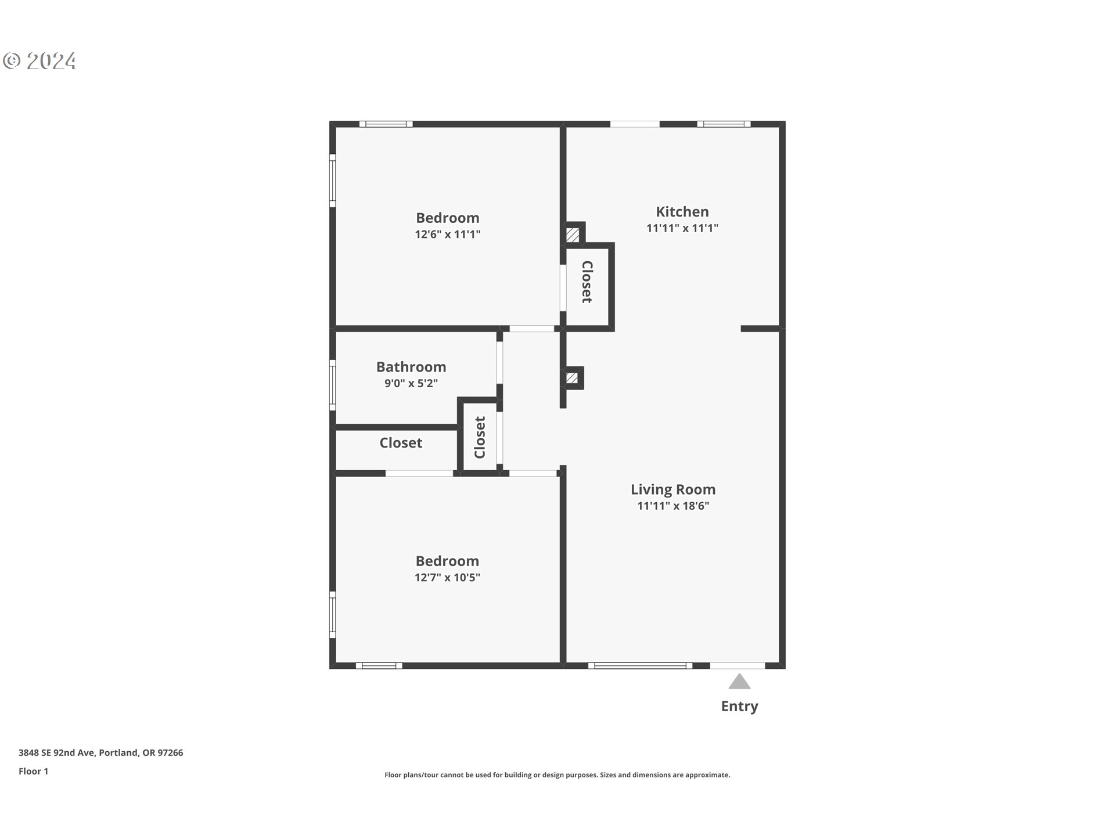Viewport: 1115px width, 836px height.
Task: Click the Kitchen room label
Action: tap(682, 212)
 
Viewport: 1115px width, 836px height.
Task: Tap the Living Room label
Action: tap(673, 489)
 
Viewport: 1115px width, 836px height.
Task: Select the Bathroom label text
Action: tap(411, 367)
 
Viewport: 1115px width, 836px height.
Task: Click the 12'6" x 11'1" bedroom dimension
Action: tap(447, 235)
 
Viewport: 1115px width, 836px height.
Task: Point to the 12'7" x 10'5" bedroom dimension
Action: tap(447, 578)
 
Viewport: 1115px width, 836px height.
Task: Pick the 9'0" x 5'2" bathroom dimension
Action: tap(411, 383)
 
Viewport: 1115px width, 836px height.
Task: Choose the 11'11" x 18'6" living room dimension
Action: tap(673, 506)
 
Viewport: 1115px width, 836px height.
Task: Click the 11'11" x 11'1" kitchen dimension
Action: tap(682, 228)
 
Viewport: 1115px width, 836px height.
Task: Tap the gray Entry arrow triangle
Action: tap(739, 682)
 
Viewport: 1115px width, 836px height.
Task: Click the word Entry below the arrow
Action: tap(739, 707)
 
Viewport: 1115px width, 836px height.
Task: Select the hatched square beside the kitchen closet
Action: tap(573, 235)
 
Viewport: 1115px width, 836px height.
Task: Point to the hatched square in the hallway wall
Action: tap(572, 379)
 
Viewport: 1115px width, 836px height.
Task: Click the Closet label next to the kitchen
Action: tap(587, 282)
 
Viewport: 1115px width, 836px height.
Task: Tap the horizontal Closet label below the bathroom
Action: tap(401, 443)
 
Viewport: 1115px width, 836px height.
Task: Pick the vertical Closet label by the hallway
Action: tap(480, 437)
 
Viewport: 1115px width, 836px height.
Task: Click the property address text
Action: tap(100, 753)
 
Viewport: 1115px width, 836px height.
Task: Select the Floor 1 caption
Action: tap(33, 772)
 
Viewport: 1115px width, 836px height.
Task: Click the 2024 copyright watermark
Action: tap(40, 61)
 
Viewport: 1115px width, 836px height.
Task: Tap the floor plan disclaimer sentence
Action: tap(557, 775)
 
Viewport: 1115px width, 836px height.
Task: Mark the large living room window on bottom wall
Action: tap(640, 666)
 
